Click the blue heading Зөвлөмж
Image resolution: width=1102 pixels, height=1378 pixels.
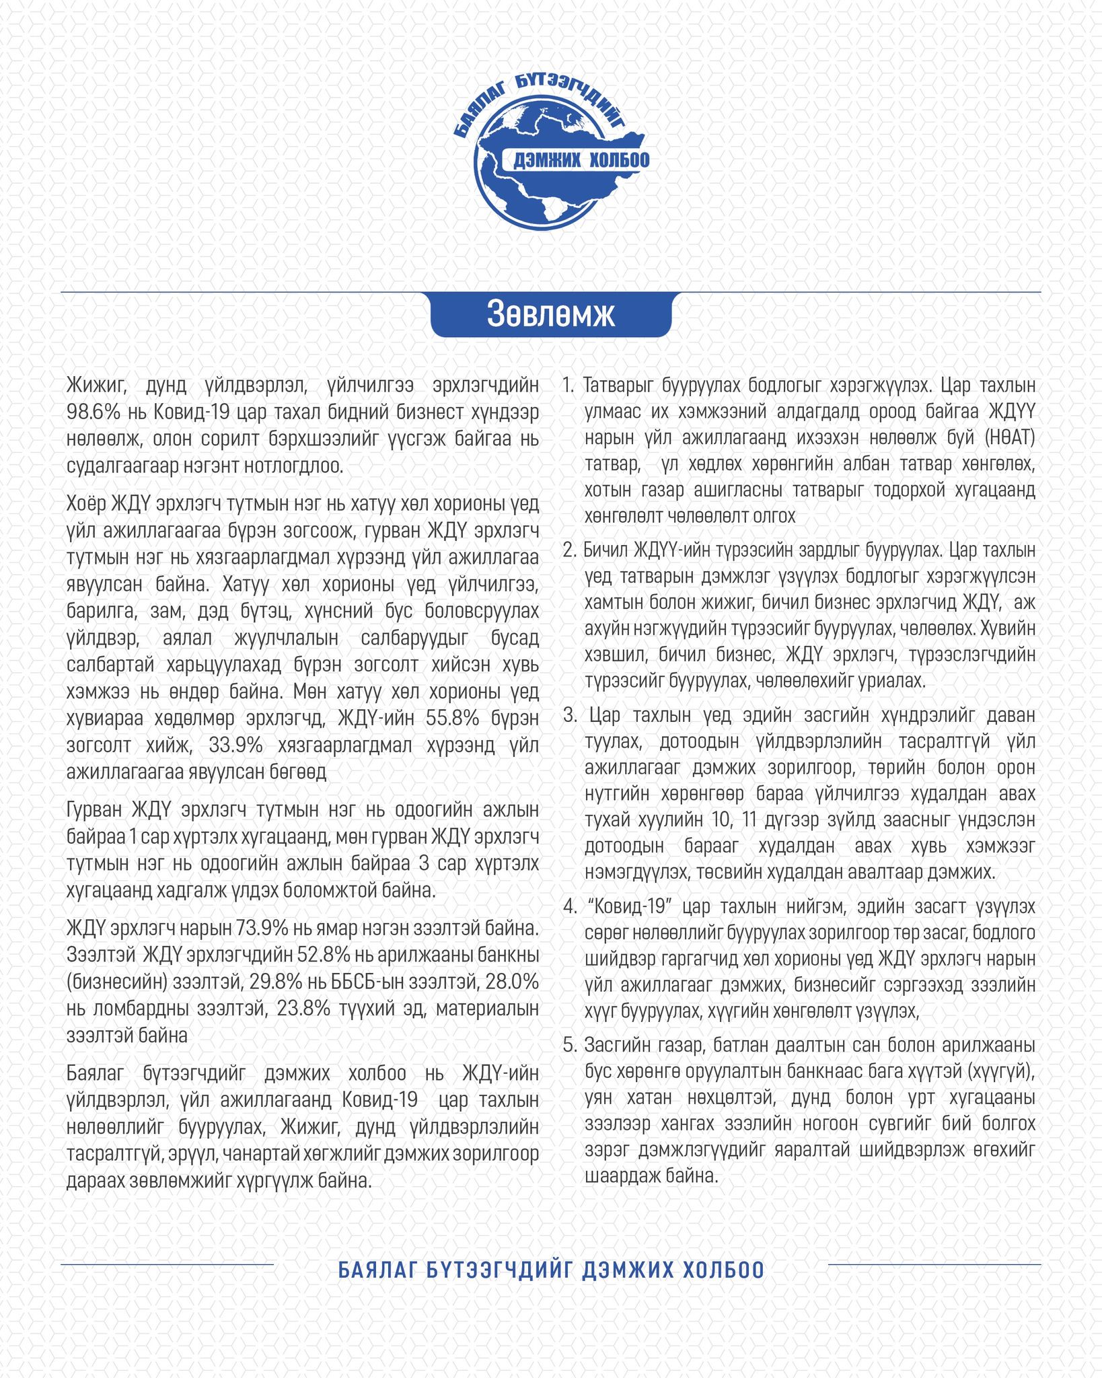click(550, 314)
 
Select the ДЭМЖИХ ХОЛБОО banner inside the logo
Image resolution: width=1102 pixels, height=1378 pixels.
click(581, 160)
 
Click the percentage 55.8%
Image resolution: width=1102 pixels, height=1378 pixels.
click(452, 718)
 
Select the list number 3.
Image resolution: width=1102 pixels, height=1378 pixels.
click(570, 715)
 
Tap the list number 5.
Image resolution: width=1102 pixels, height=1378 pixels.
click(570, 1045)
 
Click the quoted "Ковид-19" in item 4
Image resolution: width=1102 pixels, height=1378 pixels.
click(630, 906)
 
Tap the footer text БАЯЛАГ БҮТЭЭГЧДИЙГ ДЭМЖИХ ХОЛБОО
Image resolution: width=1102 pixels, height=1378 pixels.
click(551, 1270)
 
